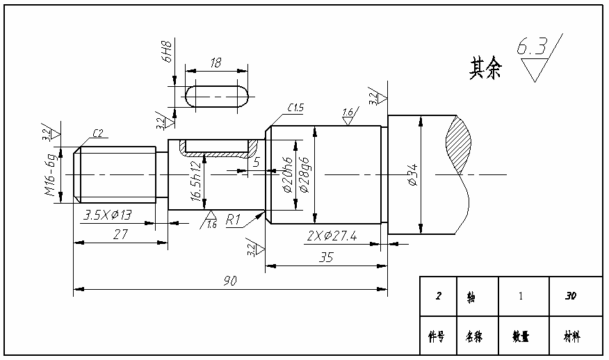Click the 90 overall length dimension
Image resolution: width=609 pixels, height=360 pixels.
pos(230,281)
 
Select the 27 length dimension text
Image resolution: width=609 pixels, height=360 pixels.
pos(120,235)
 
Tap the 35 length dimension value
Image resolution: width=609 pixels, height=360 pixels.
pos(325,257)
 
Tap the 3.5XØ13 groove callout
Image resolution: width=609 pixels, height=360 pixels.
pos(108,215)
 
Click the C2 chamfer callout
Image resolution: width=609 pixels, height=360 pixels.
pos(97,133)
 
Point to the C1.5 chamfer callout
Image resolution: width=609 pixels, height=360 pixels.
pos(295,108)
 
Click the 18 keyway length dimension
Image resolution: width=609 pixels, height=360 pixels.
pos(216,63)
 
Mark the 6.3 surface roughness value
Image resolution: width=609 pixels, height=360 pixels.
pos(531,47)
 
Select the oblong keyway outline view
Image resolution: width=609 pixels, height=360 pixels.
pos(217,96)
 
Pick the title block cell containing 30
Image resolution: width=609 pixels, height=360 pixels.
pos(571,297)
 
